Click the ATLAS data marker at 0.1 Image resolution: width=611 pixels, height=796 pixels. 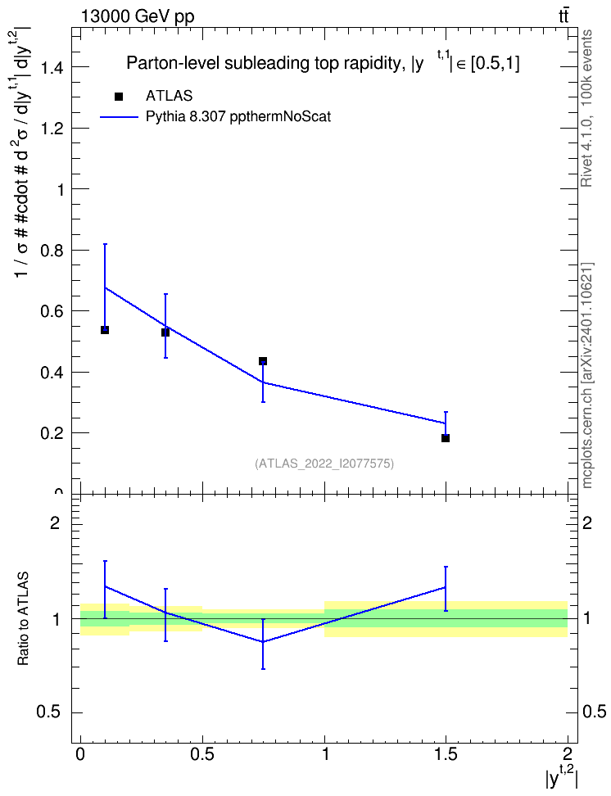pyautogui.click(x=105, y=330)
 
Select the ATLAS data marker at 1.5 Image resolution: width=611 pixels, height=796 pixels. pyautogui.click(x=446, y=438)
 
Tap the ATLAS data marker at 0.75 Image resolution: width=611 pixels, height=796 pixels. pyautogui.click(x=263, y=361)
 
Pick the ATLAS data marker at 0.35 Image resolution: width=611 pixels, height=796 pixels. pyautogui.click(x=165, y=332)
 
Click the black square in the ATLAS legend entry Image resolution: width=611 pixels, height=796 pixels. pyautogui.click(x=119, y=97)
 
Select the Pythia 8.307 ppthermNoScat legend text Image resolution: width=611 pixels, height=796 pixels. pyautogui.click(x=238, y=117)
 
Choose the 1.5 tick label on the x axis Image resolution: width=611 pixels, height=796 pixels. pyautogui.click(x=446, y=753)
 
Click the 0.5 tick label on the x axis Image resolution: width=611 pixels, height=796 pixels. pyautogui.click(x=202, y=753)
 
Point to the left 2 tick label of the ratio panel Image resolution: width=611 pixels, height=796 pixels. pyautogui.click(x=55, y=522)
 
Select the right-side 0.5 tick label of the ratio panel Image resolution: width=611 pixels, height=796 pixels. pyautogui.click(x=594, y=712)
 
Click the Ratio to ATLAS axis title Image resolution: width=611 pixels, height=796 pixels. pyautogui.click(x=23, y=618)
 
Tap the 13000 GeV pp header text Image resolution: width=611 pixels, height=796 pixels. pyautogui.click(x=138, y=16)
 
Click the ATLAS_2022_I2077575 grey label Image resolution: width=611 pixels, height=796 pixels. pyautogui.click(x=324, y=464)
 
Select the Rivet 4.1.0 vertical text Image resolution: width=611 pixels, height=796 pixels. pyautogui.click(x=586, y=108)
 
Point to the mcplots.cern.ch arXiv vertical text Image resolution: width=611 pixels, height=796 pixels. pyautogui.click(x=586, y=375)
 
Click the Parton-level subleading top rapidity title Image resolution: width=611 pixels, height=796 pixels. pyautogui.click(x=323, y=62)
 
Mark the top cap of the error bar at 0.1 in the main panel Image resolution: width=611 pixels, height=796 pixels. pyautogui.click(x=105, y=244)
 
